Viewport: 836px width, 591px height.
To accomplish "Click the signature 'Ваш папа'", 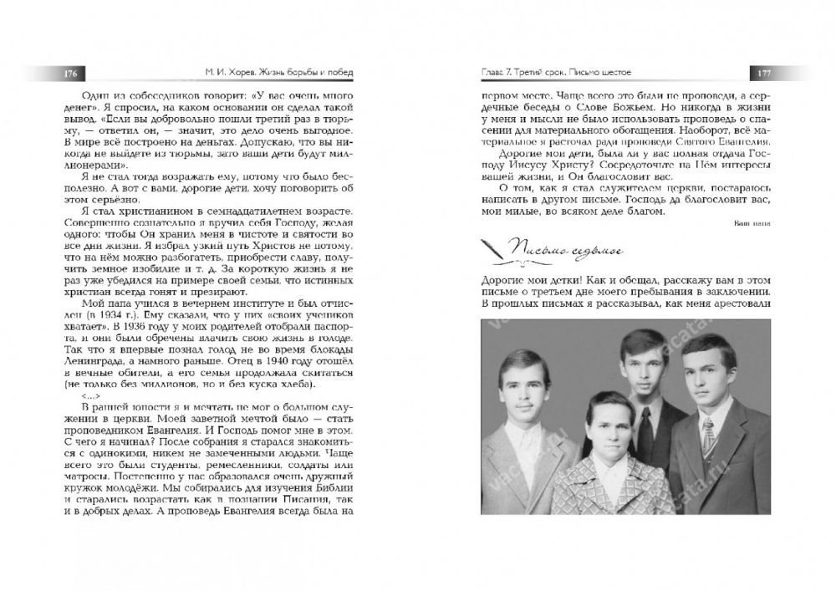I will [x=752, y=223].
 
